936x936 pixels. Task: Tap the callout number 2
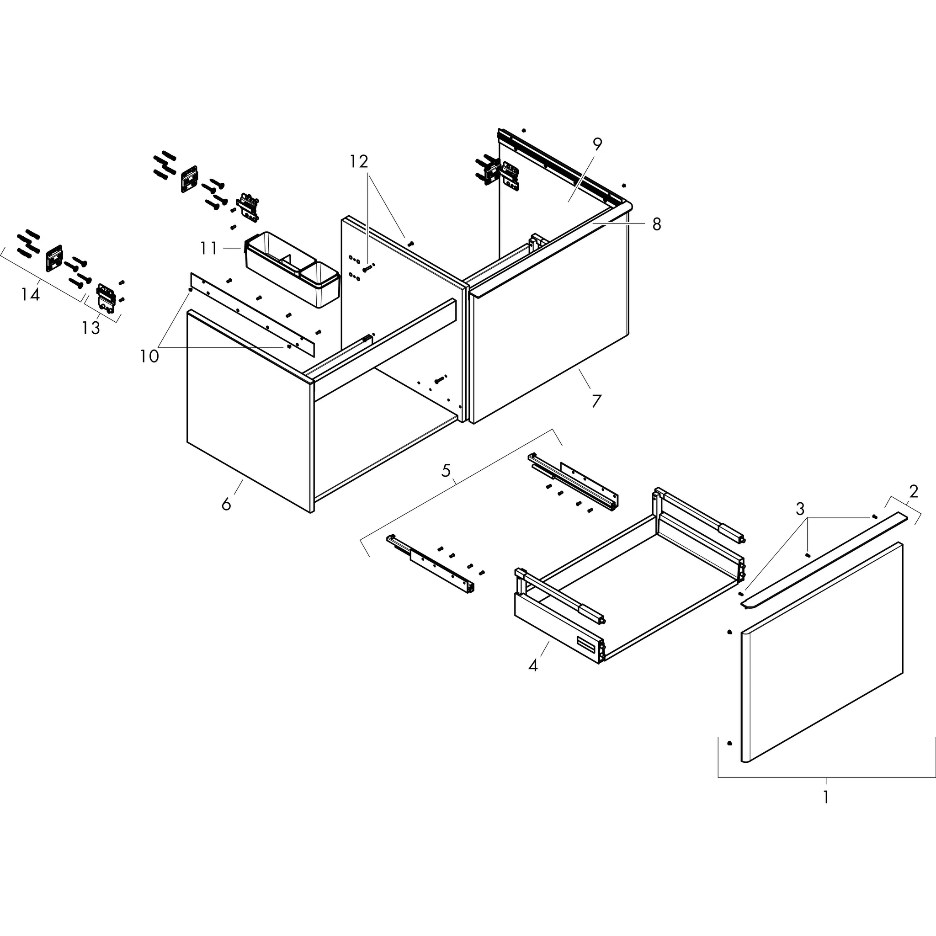click(913, 492)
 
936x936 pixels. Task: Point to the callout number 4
click(533, 665)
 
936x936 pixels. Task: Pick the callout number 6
click(226, 505)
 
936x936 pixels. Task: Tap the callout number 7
click(596, 401)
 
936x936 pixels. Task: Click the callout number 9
click(597, 144)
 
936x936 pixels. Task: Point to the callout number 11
click(209, 249)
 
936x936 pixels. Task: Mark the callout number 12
click(359, 161)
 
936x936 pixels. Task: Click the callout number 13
click(90, 328)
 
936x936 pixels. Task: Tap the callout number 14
click(30, 294)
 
